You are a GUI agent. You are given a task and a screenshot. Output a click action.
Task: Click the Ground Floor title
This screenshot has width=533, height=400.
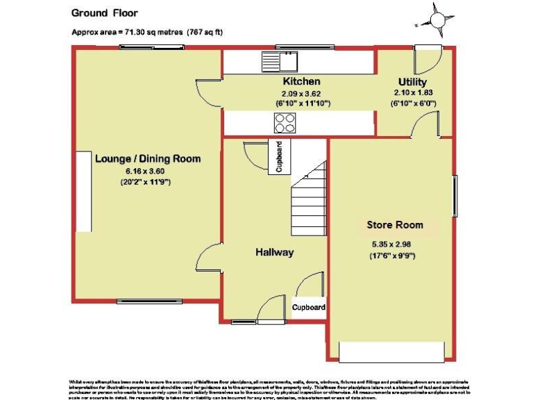pos(105,12)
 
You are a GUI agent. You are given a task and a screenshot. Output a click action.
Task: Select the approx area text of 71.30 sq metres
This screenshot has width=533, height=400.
pos(147,33)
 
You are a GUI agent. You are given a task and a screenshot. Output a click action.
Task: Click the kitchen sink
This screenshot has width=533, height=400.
pos(279,62)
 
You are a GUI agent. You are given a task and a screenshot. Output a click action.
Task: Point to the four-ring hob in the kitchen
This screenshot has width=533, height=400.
pos(284,123)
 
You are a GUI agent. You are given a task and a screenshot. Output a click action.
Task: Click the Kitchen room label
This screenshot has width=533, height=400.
pos(301,82)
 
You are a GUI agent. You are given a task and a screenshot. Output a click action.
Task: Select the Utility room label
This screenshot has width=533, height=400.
pos(412,82)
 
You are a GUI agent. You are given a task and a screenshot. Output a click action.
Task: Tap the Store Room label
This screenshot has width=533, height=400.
pos(394,225)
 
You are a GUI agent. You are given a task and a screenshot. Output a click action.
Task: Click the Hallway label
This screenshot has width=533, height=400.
pos(274,253)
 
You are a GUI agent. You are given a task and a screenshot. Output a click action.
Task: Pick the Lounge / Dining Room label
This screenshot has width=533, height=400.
pos(147,159)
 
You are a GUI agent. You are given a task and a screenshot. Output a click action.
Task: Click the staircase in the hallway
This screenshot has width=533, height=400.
pos(308,201)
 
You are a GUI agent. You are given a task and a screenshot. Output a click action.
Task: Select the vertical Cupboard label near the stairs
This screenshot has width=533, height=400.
pos(280,156)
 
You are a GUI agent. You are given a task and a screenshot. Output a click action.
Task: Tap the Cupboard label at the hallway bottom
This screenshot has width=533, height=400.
pos(308,307)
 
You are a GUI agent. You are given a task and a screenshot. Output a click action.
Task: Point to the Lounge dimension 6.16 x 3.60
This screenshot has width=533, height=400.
pos(147,171)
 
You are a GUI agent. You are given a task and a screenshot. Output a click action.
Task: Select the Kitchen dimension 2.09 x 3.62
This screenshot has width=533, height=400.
pos(301,94)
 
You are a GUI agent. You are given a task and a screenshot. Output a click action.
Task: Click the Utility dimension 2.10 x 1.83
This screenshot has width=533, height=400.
pos(412,94)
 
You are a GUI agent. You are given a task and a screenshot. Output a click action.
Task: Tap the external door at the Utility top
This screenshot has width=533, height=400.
pos(427,59)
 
